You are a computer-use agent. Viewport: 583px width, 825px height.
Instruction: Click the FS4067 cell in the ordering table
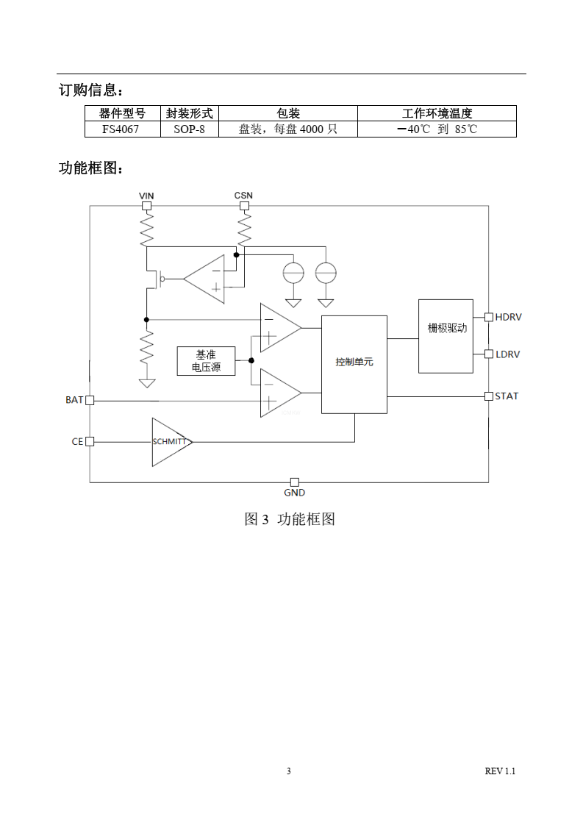click(122, 129)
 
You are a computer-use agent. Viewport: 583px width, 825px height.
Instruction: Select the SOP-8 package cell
click(190, 129)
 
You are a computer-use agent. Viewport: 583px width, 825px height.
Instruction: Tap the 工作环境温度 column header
click(437, 113)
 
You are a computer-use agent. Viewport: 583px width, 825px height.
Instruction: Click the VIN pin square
click(146, 206)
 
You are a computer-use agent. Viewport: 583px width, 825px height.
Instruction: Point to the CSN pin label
click(243, 196)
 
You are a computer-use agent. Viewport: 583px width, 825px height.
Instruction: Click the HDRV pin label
click(508, 317)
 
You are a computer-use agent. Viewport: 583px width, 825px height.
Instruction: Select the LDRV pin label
click(507, 354)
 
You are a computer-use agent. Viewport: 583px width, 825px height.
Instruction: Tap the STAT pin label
click(507, 396)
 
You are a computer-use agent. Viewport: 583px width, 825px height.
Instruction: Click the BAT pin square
click(90, 400)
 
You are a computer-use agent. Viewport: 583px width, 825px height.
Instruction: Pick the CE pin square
click(90, 441)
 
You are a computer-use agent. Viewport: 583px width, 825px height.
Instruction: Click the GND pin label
click(294, 493)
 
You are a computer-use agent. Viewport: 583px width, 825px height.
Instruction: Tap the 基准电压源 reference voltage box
click(206, 361)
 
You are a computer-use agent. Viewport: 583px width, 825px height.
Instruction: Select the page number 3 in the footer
click(289, 771)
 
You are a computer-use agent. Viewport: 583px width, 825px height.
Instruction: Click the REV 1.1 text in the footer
click(500, 771)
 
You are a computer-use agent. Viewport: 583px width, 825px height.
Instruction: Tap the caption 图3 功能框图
click(290, 519)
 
